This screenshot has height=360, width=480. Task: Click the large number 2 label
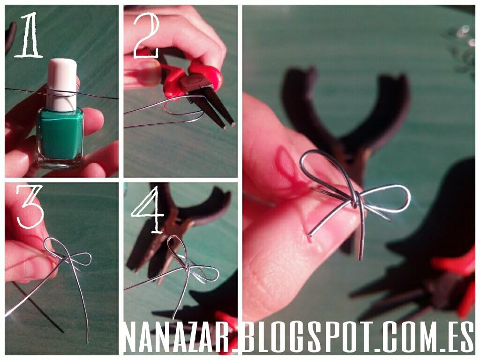146,35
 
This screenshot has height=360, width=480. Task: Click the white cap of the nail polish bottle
62,84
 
